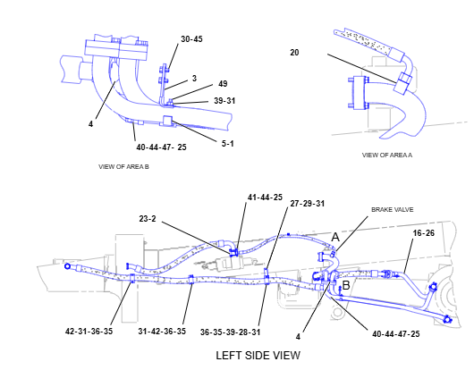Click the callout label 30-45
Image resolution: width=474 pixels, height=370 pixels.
[191, 39]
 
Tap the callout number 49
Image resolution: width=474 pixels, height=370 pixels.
[223, 84]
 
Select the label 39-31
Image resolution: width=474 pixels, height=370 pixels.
[224, 101]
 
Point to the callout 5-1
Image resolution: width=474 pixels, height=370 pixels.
[228, 144]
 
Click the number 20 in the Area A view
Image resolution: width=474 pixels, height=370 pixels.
[294, 53]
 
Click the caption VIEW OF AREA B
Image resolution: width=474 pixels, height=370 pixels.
[123, 167]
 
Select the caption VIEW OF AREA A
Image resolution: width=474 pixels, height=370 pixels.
[387, 156]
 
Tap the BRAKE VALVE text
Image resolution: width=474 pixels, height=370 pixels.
[392, 210]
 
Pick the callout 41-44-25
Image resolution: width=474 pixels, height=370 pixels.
[265, 198]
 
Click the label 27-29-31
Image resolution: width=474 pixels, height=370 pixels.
[308, 204]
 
